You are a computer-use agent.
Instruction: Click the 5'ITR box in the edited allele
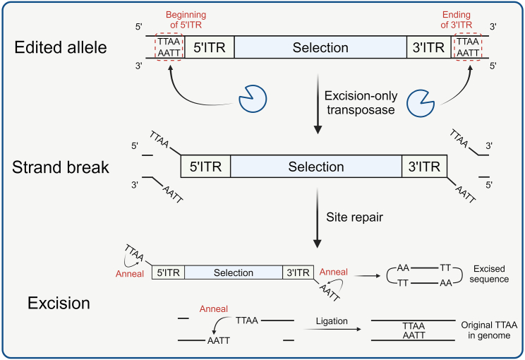click(208, 47)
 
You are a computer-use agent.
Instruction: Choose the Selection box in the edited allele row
click(320, 47)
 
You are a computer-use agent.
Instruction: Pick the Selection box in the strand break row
click(316, 167)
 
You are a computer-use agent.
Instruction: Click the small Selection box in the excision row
click(233, 272)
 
